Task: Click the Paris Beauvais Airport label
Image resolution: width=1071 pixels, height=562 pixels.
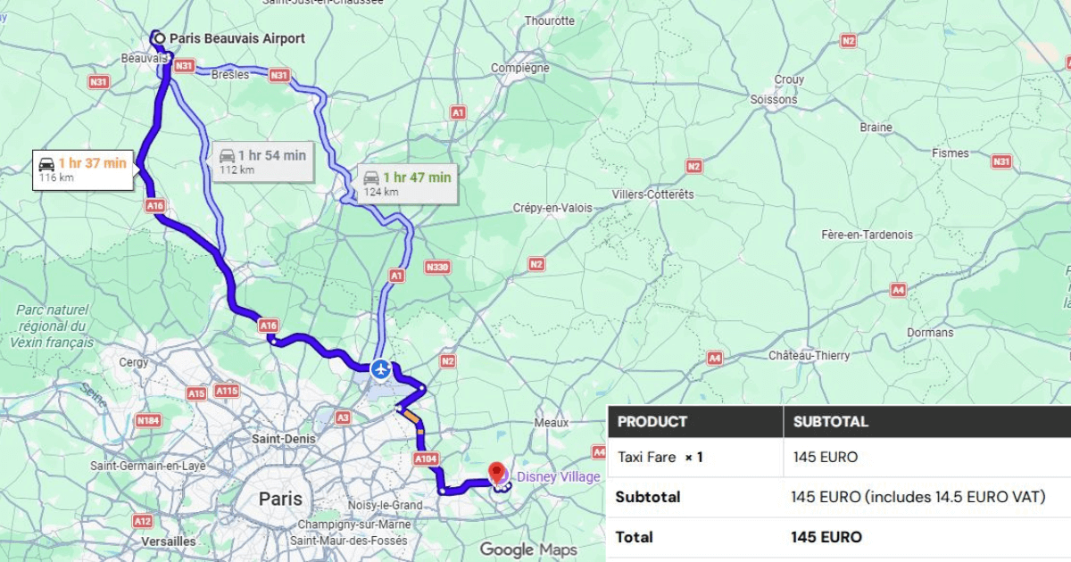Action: [x=237, y=38]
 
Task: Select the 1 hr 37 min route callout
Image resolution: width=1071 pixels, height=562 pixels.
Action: [x=85, y=169]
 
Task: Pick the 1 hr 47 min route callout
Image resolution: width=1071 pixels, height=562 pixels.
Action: [x=407, y=183]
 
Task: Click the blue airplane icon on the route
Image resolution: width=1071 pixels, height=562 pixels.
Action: [x=381, y=368]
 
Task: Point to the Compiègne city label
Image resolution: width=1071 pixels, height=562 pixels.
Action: [x=520, y=67]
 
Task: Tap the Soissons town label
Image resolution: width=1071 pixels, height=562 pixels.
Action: [x=774, y=99]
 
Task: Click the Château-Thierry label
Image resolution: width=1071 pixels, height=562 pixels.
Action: [x=809, y=355]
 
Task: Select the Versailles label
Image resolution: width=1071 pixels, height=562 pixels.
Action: [x=168, y=541]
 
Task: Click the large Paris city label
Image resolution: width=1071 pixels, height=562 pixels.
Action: [x=280, y=499]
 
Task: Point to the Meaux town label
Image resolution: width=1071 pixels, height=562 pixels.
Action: [x=551, y=422]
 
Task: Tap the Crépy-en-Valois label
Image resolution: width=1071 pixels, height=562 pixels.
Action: [x=552, y=208]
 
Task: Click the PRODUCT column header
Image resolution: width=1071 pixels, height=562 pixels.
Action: [x=652, y=422]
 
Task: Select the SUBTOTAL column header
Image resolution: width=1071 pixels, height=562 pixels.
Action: [x=830, y=422]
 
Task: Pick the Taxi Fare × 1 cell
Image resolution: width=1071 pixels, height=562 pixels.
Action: [x=660, y=458]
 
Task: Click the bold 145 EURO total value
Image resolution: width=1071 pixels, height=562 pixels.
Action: [x=826, y=537]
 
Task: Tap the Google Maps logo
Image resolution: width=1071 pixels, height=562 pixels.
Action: [x=528, y=550]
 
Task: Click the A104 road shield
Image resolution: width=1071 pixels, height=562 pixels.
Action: [x=427, y=458]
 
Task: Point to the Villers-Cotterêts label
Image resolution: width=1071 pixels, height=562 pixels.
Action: [x=652, y=194]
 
